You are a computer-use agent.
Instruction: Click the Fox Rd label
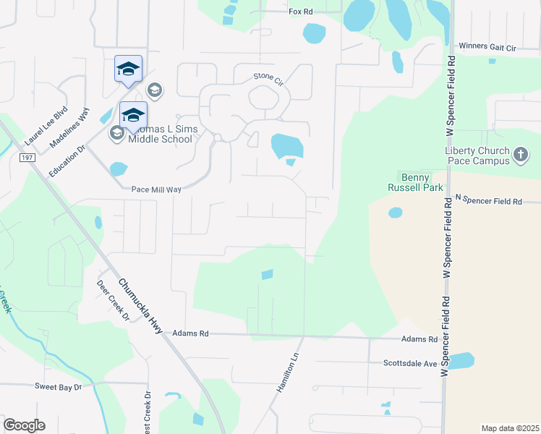[x=300, y=12]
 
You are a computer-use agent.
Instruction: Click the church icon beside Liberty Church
[x=520, y=152]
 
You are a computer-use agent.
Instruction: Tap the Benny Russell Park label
[x=415, y=182]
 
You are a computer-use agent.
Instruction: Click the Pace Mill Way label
[x=156, y=190]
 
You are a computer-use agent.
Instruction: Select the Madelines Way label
[x=70, y=129]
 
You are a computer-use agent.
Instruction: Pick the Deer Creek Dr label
[x=112, y=300]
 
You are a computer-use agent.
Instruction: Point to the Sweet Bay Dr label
[x=59, y=387]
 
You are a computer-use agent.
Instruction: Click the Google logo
[x=24, y=425]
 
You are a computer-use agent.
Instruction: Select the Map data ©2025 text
[x=509, y=428]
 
